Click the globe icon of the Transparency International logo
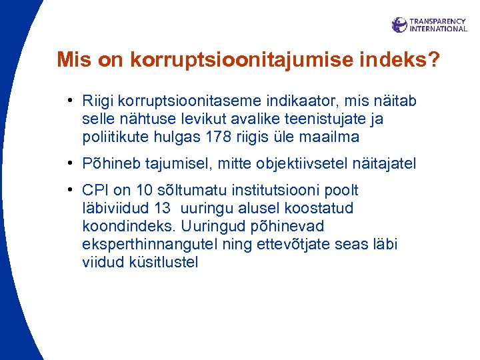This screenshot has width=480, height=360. [399, 25]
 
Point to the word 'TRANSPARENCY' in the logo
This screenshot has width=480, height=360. [437, 21]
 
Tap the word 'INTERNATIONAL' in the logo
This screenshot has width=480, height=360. [438, 29]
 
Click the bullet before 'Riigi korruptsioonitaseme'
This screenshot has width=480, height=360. [70, 102]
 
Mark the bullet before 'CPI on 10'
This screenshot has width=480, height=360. [70, 191]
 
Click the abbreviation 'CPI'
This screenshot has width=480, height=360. [95, 191]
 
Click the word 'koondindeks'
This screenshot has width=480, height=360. [123, 227]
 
